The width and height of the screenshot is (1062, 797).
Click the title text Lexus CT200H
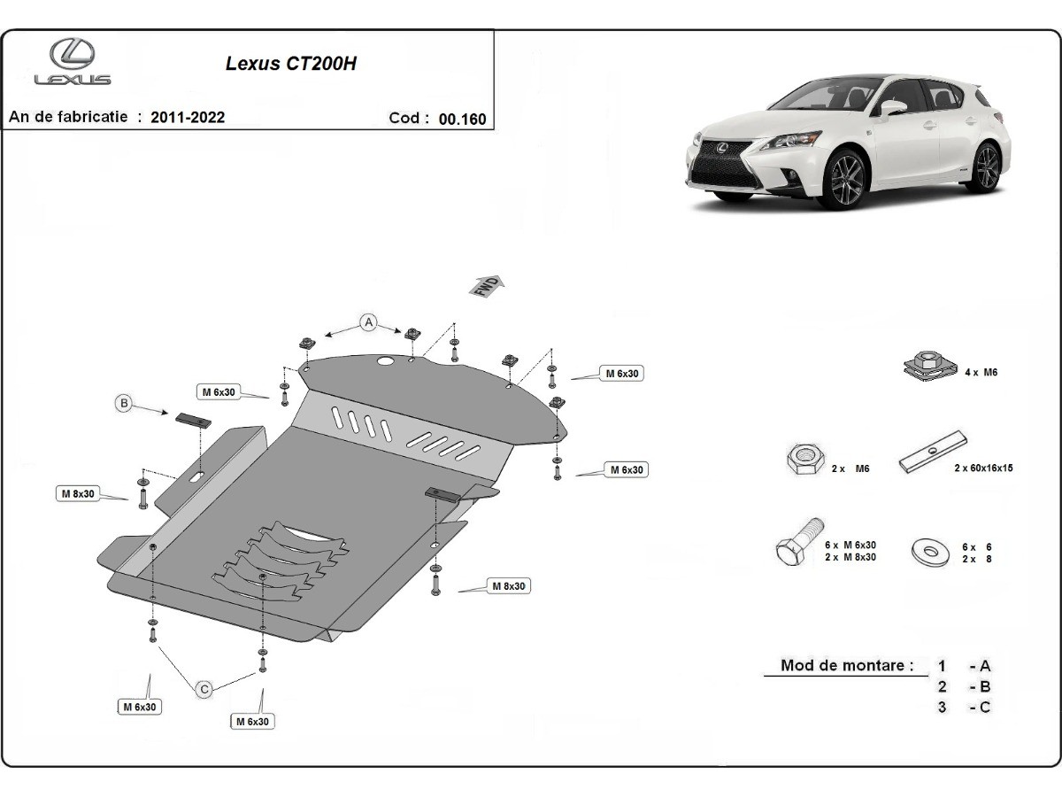(291, 64)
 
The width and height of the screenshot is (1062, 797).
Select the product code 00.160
(462, 120)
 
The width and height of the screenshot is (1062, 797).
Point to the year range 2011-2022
(188, 118)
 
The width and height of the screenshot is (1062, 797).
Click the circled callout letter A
(368, 322)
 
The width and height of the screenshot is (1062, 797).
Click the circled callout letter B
(125, 404)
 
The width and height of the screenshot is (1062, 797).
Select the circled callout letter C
(204, 688)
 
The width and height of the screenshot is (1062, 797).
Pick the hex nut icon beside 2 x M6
(804, 460)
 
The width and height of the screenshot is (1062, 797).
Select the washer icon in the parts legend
(930, 553)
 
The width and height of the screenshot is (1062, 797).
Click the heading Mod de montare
(846, 666)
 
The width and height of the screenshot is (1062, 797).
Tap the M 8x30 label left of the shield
(78, 493)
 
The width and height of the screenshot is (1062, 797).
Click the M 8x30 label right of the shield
(508, 586)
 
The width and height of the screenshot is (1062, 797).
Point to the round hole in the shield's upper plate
(386, 361)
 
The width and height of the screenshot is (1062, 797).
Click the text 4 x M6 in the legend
(981, 373)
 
